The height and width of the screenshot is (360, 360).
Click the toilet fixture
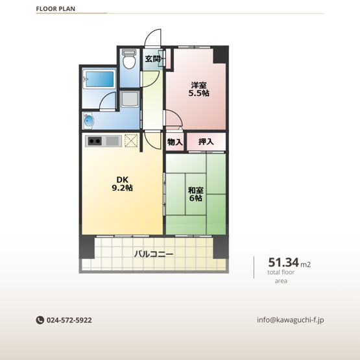[x=129, y=59]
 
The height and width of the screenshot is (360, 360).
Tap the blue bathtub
[x=99, y=79]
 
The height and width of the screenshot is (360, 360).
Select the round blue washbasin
[x=88, y=120]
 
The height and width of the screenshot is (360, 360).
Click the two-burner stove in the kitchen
[x=95, y=141]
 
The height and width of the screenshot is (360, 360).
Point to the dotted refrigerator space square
[x=131, y=141]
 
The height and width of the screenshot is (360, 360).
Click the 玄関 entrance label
[x=152, y=59]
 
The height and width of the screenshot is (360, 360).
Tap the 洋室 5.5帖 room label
[x=199, y=89]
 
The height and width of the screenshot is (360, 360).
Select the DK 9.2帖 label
[x=122, y=184]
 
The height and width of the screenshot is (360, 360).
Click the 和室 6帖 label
[x=196, y=194]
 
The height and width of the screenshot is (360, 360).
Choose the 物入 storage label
[x=175, y=142]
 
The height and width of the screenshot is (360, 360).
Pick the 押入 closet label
[x=206, y=141]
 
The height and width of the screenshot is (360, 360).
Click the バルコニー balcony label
[x=154, y=254]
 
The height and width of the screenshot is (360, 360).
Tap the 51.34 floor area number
[x=283, y=262]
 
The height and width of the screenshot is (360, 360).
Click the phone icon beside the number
[x=40, y=320]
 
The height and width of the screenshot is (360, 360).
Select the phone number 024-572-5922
[x=69, y=320]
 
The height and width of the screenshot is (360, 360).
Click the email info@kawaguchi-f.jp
[x=291, y=320]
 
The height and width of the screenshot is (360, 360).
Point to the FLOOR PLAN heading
[x=56, y=8]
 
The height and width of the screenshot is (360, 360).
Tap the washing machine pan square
[x=130, y=99]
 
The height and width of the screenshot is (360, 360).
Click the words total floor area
[x=281, y=277]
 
